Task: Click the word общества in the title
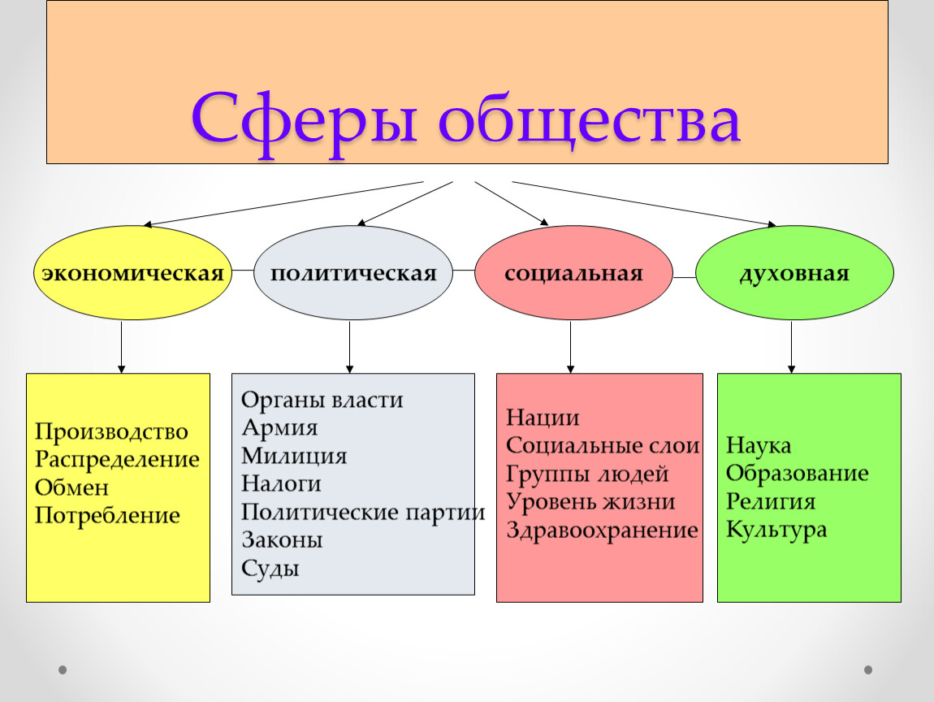pos(590,122)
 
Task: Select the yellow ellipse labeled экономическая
pos(132,272)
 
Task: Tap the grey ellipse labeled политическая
pos(353,272)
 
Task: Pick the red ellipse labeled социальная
pos(573,272)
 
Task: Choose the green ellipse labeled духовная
pos(794,272)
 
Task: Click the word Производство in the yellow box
pos(111,431)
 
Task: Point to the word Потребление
pos(107,515)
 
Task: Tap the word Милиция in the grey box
pos(294,456)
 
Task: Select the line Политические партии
pos(363,512)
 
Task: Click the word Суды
pos(270,568)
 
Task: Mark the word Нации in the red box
pos(543,418)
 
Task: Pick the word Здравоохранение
pos(602,530)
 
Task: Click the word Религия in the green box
pos(771,501)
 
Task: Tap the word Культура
pos(776,529)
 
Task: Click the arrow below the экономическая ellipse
pos(122,348)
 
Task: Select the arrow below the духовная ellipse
pos(791,348)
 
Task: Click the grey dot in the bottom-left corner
pos(63,669)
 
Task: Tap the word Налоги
pos(281,483)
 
